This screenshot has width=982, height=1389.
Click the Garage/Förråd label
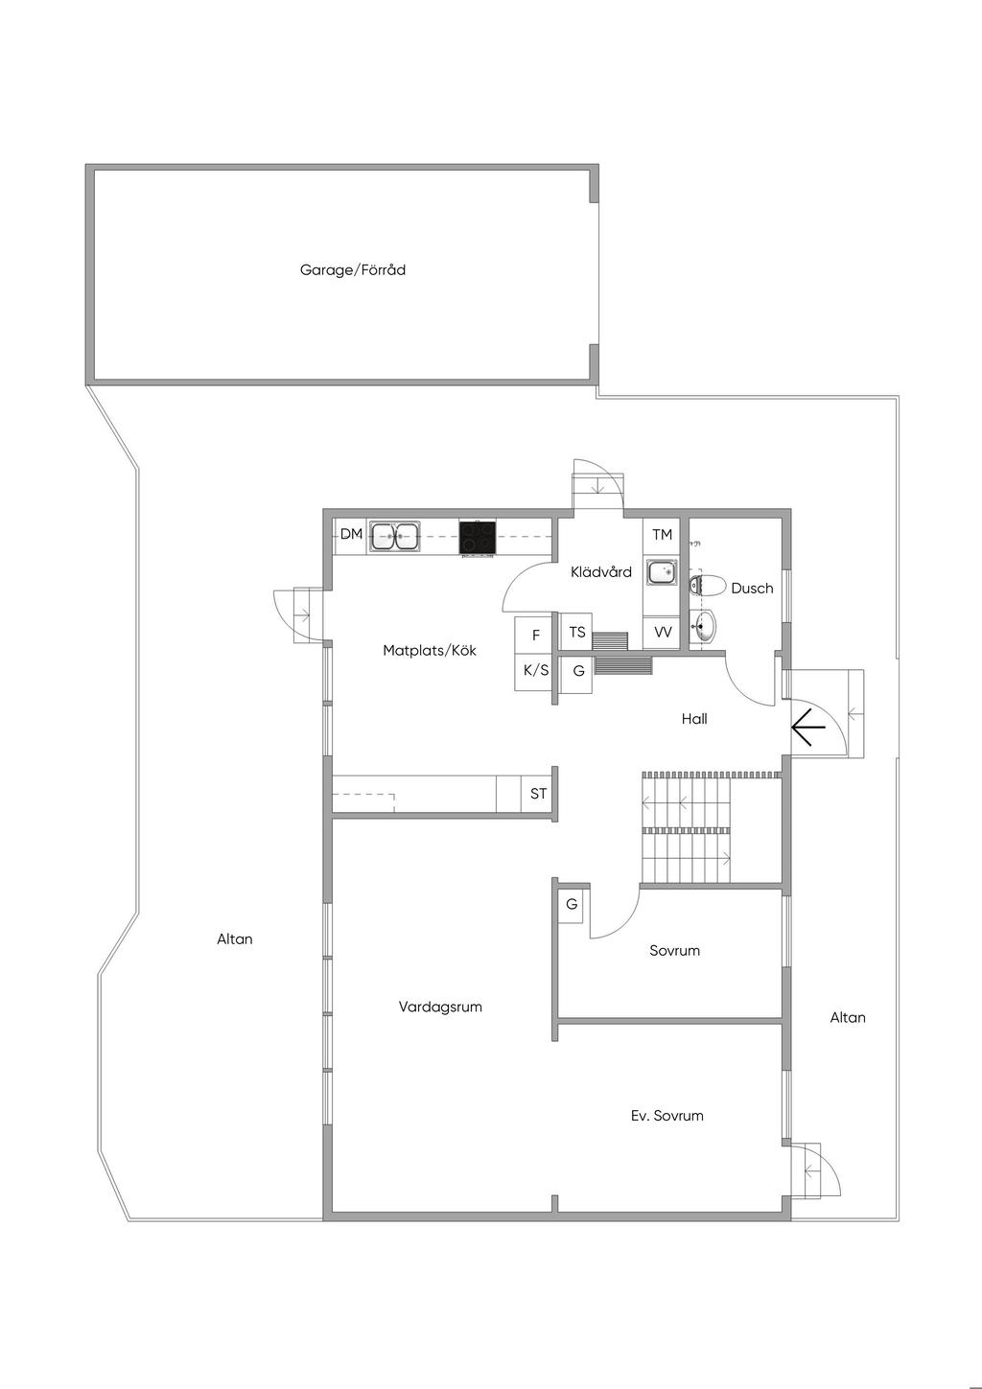pos(352,269)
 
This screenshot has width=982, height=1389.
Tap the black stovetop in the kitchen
pos(477,537)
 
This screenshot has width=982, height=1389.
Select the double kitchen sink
pos(394,537)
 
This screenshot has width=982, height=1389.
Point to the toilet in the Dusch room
pos(707,586)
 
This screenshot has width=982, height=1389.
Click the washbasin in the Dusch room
pos(703,626)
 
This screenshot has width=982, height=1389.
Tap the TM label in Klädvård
pos(662,535)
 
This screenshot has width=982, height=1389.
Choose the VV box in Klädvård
pos(663,633)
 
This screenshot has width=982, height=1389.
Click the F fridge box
pos(536,636)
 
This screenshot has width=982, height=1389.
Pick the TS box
pos(576,632)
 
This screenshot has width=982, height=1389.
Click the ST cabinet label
pos(538,793)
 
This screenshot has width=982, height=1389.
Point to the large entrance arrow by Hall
pos(807,728)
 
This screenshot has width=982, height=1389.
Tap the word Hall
pos(694,719)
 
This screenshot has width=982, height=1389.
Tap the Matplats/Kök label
pos(430,651)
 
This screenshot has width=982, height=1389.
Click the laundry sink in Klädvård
pos(662,571)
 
